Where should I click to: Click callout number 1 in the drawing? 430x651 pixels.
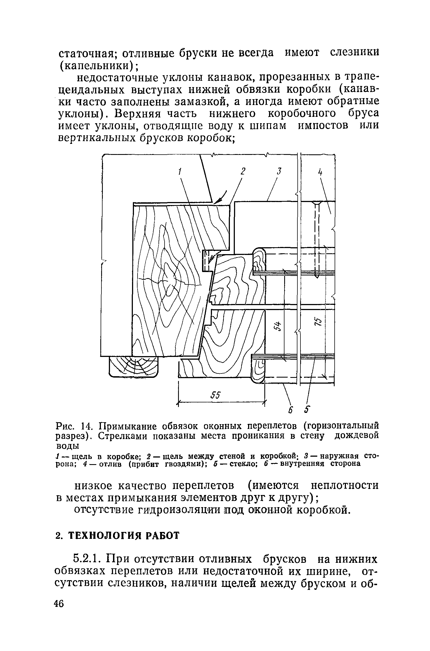click(179, 172)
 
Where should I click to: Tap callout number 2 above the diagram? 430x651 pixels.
click(242, 171)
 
